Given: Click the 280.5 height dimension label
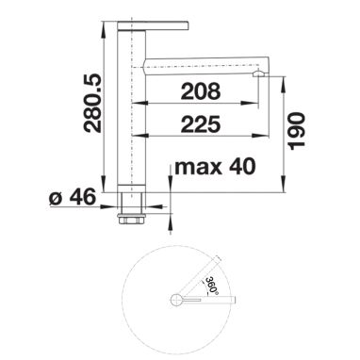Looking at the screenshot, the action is click(x=93, y=104).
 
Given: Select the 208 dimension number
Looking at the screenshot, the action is click(x=201, y=91).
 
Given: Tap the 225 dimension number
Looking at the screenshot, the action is click(x=201, y=124).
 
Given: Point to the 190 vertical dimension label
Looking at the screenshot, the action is click(x=297, y=131).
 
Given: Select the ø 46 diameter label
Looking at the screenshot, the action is click(x=73, y=197).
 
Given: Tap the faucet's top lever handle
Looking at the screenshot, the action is click(x=153, y=25).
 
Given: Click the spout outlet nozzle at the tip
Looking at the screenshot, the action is click(x=260, y=74).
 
